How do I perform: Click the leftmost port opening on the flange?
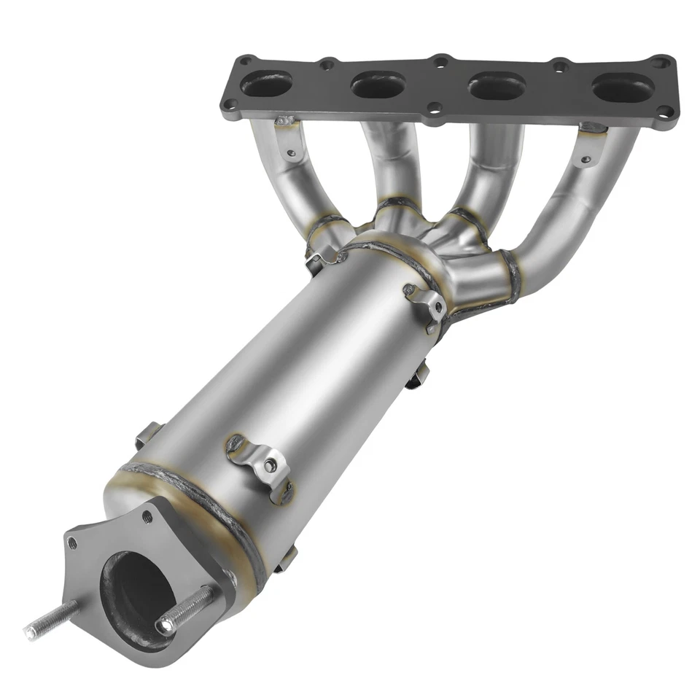[266, 83]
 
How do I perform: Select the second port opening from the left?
[378, 85]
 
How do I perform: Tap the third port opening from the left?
[497, 86]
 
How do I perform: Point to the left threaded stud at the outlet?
[51, 619]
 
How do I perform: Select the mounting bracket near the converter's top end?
[427, 303]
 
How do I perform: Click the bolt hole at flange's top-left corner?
[246, 61]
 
